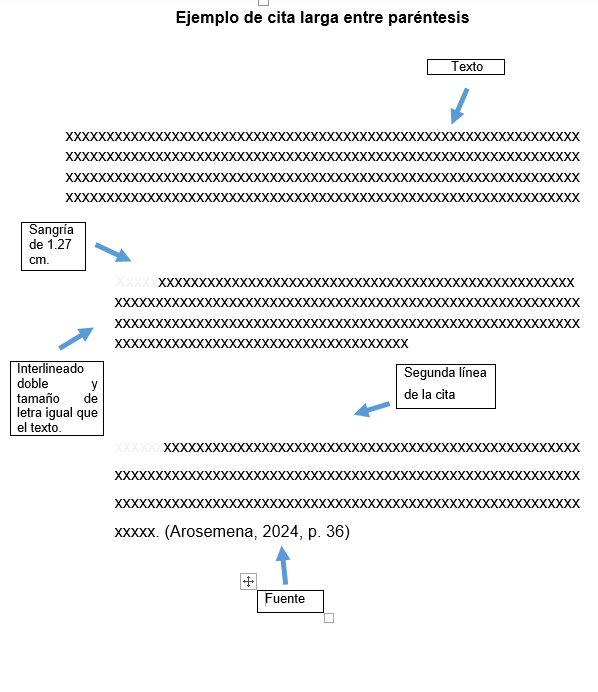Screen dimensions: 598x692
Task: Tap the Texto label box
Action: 466,67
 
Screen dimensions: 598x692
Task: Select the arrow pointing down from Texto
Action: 459,106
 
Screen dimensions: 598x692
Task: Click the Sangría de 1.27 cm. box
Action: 53,246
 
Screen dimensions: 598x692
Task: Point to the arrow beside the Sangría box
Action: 113,252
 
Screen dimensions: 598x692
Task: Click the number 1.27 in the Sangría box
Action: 59,244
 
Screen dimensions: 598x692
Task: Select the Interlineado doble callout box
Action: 57,399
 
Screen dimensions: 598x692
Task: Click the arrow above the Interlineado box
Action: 76,338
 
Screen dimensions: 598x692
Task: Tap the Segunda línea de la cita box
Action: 446,386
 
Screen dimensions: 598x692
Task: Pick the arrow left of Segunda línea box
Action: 372,409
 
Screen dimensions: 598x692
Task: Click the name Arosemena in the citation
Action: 212,532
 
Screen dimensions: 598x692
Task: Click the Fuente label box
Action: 290,601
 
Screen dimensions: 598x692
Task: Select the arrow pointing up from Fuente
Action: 283,565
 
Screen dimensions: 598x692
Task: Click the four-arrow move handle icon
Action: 248,581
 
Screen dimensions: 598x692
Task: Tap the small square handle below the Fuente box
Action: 329,618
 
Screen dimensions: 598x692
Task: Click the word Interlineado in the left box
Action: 50,369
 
